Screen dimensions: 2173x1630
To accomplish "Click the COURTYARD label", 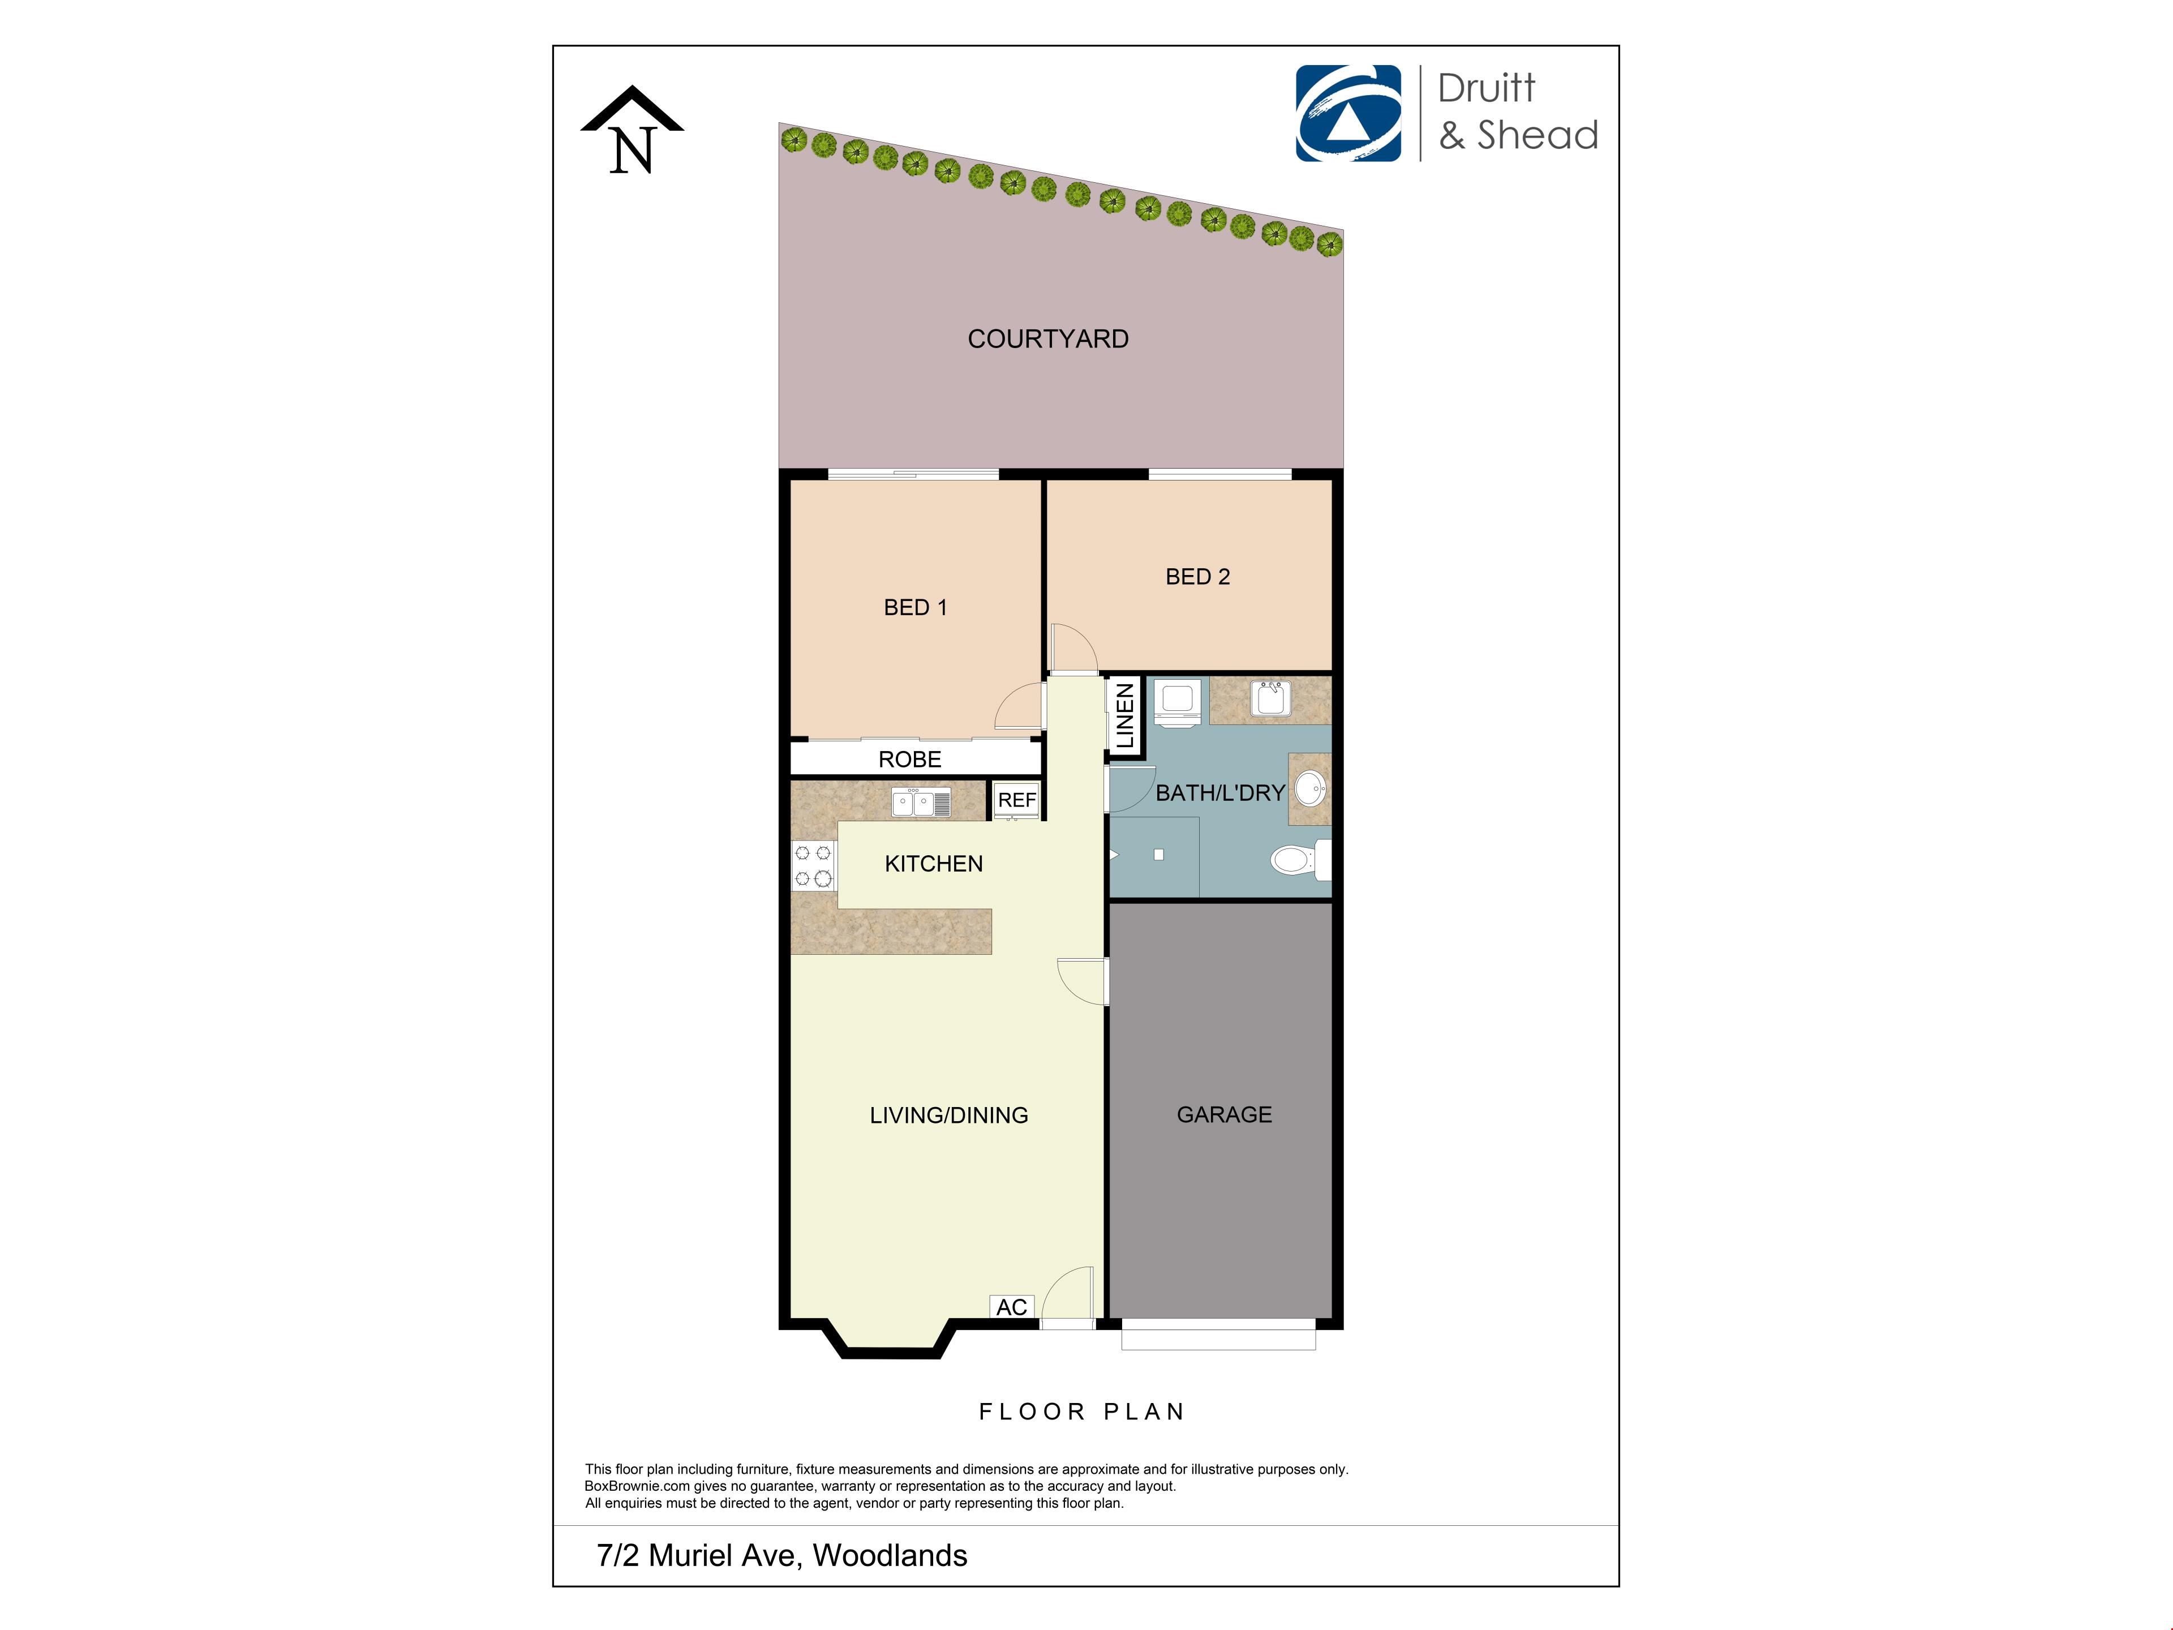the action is [x=1048, y=339].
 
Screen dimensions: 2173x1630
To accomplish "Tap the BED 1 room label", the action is [x=916, y=607].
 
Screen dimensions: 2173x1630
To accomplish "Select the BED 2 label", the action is [x=1197, y=577].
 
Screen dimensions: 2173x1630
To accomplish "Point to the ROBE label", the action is [x=910, y=760].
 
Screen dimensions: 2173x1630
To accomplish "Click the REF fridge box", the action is [x=1017, y=800].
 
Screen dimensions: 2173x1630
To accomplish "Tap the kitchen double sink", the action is [x=921, y=803].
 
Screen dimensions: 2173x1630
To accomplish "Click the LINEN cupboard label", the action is [x=1126, y=717].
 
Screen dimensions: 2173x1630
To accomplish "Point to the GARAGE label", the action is [x=1224, y=1114].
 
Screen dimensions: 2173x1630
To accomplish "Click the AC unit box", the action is [x=1012, y=1307].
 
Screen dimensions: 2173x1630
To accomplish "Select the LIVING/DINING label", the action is [x=949, y=1115].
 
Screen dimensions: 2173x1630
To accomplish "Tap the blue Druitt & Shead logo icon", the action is [x=1348, y=113].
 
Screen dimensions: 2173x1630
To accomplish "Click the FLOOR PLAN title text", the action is [x=1081, y=1412].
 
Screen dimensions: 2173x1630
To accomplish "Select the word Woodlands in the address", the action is [x=890, y=1555].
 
